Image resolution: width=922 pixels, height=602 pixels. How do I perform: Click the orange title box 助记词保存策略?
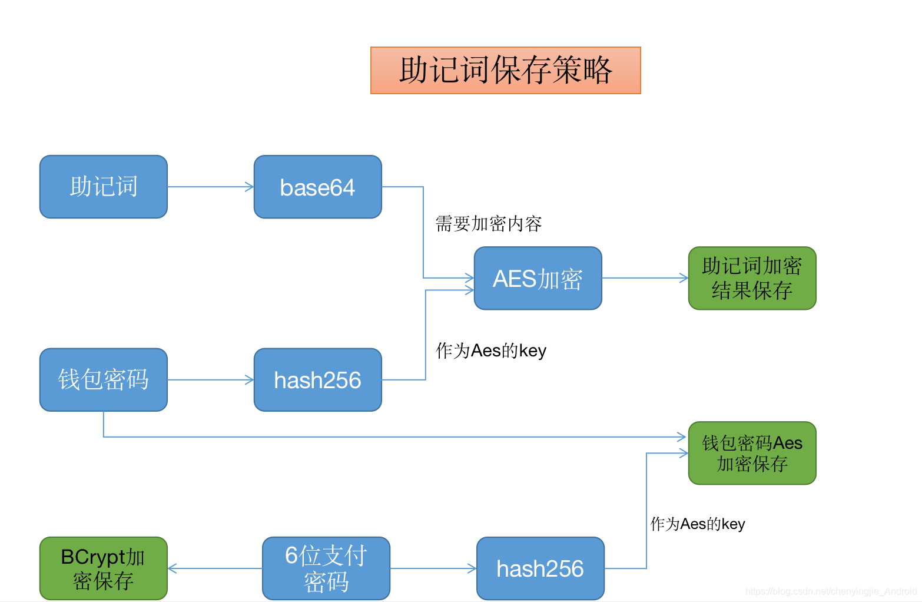tap(505, 70)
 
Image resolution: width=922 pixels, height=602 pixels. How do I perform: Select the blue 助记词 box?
tap(104, 187)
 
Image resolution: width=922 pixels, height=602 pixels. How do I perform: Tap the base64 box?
tap(317, 187)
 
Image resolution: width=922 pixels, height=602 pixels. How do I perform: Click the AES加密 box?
tap(538, 278)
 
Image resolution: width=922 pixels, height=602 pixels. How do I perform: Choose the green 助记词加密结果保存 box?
tap(752, 278)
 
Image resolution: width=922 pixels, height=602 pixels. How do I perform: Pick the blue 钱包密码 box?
tap(104, 379)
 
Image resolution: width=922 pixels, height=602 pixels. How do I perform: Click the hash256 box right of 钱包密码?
tap(317, 379)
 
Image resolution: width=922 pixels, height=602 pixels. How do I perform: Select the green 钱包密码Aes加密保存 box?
tap(752, 453)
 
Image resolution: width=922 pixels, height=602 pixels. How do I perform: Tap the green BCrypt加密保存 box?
tap(104, 568)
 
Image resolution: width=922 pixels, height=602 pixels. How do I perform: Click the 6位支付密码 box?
tap(326, 568)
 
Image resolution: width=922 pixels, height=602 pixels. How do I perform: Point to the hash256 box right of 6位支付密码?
tap(540, 568)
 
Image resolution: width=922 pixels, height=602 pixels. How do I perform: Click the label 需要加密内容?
tap(488, 224)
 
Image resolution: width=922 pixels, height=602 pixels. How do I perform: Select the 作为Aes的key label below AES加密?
tap(490, 350)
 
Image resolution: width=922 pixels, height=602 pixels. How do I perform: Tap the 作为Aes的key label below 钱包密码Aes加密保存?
tap(697, 524)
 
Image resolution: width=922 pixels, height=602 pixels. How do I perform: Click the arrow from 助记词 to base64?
tap(210, 187)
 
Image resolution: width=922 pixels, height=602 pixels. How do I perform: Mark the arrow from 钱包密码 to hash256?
tap(210, 380)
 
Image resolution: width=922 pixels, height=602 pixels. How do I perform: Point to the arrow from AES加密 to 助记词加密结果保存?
tap(645, 278)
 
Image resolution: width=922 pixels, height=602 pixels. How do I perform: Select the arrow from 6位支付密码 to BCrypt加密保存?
tap(215, 568)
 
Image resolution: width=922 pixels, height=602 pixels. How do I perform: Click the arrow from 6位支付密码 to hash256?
tap(433, 568)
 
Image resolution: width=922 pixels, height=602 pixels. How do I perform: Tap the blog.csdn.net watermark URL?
tap(831, 591)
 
